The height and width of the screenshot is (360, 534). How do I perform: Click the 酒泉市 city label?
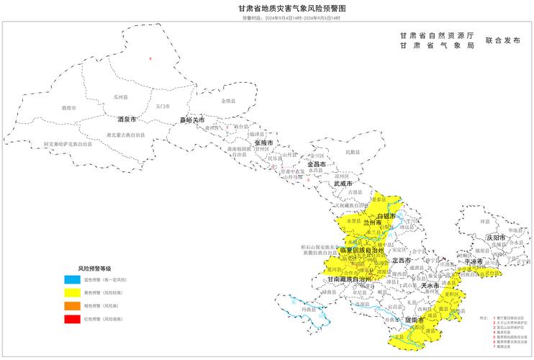pyautogui.click(x=127, y=119)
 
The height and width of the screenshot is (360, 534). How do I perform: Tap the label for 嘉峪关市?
pyautogui.click(x=192, y=120)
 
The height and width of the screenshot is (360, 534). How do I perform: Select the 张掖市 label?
pyautogui.click(x=263, y=143)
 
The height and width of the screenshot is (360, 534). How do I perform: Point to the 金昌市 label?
pyautogui.click(x=317, y=164)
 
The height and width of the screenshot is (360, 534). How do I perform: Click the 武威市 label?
pyautogui.click(x=344, y=184)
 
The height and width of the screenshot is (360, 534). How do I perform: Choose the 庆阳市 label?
pyautogui.click(x=496, y=236)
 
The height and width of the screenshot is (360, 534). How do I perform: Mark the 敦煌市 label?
pyautogui.click(x=68, y=108)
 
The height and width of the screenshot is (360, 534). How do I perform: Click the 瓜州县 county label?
pyautogui.click(x=119, y=96)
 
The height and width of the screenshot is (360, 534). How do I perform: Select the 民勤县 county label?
pyautogui.click(x=352, y=153)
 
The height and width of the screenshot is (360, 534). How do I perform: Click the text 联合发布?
pyautogui.click(x=503, y=41)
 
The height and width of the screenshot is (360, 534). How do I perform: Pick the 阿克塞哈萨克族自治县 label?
pyautogui.click(x=68, y=144)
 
